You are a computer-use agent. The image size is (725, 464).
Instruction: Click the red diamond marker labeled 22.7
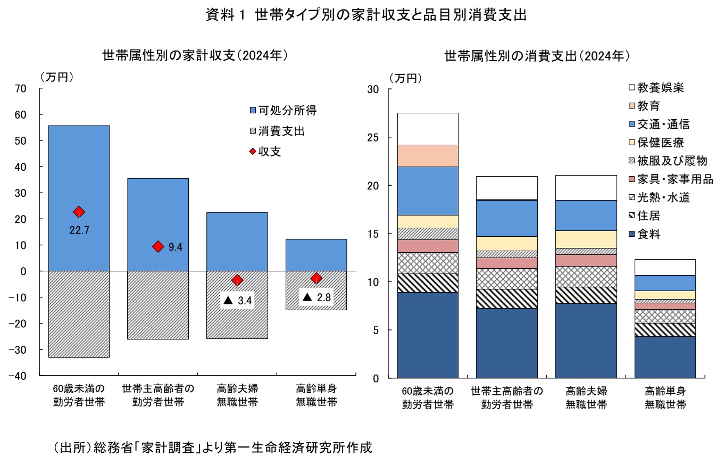[x=79, y=212]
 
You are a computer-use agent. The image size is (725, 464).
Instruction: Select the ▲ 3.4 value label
[x=237, y=301]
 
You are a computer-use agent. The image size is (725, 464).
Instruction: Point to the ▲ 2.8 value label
[x=316, y=297]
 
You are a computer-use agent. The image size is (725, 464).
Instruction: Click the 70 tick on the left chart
[x=21, y=89]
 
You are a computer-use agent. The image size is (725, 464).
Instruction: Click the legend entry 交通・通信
[x=663, y=125]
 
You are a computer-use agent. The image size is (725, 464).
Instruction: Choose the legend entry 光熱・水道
[x=663, y=198]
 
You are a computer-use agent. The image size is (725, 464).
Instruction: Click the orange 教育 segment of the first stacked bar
[x=428, y=155]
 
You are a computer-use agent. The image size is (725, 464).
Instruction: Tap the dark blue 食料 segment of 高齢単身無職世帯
[x=666, y=357]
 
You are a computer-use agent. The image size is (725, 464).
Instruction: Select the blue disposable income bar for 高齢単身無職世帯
[x=316, y=255]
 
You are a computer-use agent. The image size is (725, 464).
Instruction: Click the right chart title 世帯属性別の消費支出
[x=537, y=56]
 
